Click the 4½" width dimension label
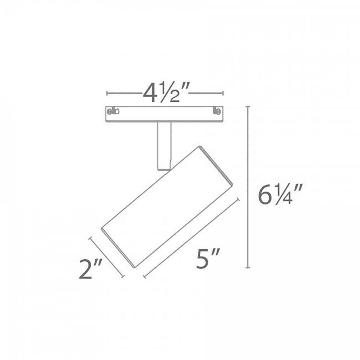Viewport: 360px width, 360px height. point(165,93)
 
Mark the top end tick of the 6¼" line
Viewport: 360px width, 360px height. point(248,107)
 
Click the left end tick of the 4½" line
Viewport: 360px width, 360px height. point(107,93)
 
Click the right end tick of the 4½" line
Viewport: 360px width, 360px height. point(223,93)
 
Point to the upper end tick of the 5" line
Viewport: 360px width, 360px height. point(239,200)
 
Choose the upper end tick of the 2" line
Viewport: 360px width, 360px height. point(90,239)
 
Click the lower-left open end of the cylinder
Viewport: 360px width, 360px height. point(117,247)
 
